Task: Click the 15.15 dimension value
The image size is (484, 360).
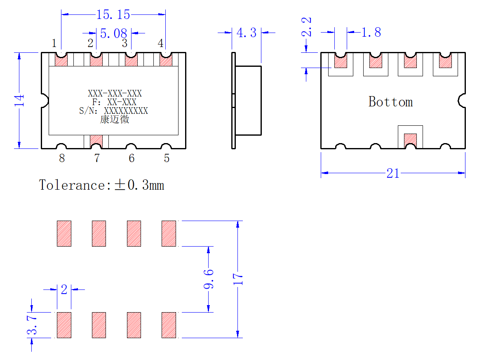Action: coord(113,14)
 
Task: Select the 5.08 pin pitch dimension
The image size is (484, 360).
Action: coord(113,33)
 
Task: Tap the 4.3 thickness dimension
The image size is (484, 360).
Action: coord(246,33)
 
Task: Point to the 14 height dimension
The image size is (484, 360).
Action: coord(19,101)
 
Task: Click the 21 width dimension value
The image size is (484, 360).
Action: coord(393,173)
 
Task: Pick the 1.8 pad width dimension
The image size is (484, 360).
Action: coord(371,32)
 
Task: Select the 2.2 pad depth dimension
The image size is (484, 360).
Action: coord(306,27)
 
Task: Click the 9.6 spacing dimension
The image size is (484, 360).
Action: coord(209,279)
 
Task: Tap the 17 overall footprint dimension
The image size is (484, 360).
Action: coord(238,279)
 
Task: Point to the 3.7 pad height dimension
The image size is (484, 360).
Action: coord(32,325)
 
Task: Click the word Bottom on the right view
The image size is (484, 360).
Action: coord(390,101)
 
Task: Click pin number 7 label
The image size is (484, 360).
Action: coord(97,158)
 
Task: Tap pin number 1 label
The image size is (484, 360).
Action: coord(54,43)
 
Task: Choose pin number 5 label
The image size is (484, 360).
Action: coord(167,158)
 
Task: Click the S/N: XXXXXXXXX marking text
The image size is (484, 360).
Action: coord(113,111)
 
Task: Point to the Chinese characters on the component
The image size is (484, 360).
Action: coord(115,119)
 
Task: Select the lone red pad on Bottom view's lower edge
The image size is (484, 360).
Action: coord(410,140)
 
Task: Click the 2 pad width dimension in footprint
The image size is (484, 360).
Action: coord(64,289)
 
